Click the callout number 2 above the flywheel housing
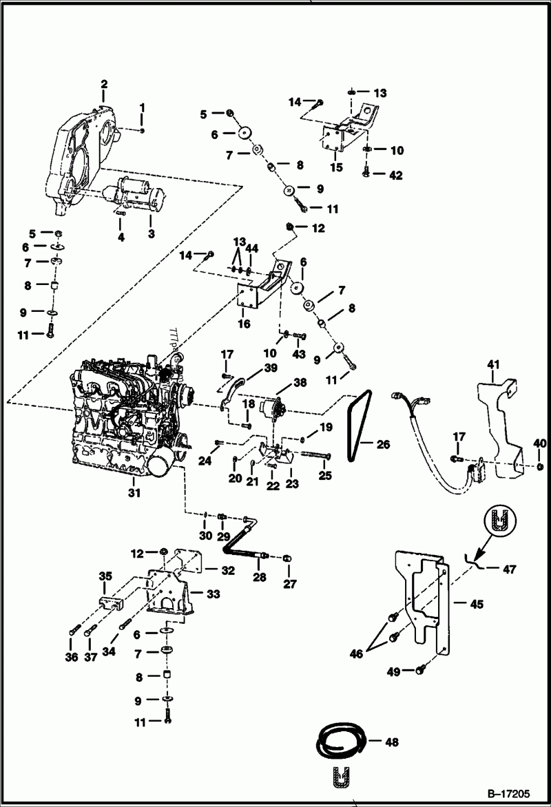point(104,84)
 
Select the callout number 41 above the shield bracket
point(492,363)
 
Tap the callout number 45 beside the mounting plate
point(477,605)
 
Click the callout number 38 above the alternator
point(300,382)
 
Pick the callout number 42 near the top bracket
point(395,175)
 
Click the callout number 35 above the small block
point(105,576)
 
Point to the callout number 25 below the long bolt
point(324,475)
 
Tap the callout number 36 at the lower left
point(72,658)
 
